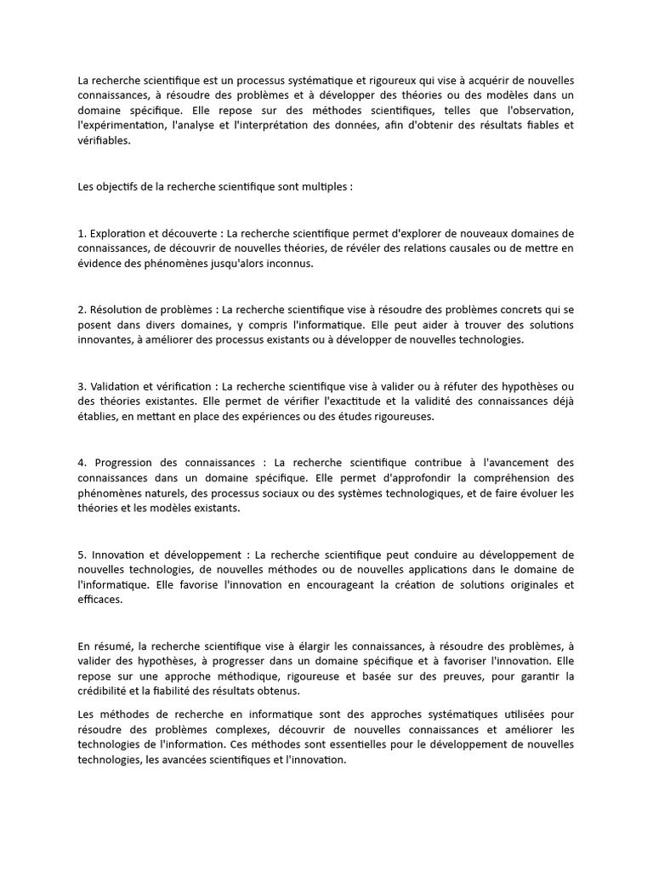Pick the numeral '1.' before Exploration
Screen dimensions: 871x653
coord(82,233)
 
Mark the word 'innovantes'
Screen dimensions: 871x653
coord(105,340)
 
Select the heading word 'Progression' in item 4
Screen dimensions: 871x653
coord(128,463)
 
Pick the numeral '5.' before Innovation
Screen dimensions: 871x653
coord(82,555)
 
